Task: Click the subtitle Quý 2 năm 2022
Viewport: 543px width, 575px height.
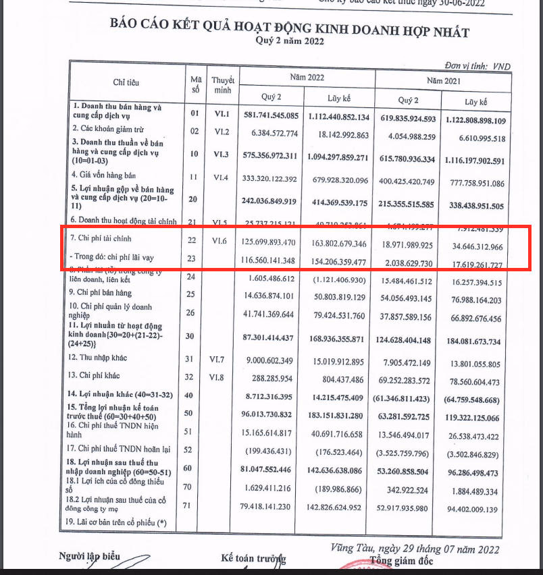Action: point(290,41)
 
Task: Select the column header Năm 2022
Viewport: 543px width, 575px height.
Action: point(307,78)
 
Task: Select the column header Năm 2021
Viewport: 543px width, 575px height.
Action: point(443,81)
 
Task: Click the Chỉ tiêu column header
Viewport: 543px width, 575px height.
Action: point(126,82)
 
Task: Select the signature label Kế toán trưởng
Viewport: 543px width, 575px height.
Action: point(253,558)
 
